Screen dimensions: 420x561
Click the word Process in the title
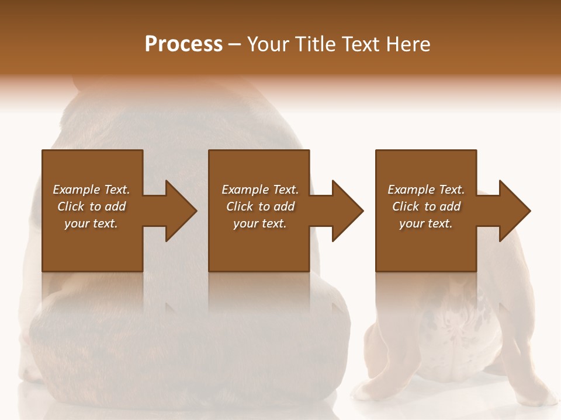pyautogui.click(x=183, y=44)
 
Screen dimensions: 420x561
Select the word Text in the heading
pyautogui.click(x=359, y=44)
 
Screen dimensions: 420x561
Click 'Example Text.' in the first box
pyautogui.click(x=91, y=190)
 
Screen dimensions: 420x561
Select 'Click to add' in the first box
pyautogui.click(x=91, y=206)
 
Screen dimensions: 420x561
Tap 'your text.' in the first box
pyautogui.click(x=91, y=223)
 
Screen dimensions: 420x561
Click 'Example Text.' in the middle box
pyautogui.click(x=259, y=190)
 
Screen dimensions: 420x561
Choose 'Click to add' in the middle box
pyautogui.click(x=259, y=206)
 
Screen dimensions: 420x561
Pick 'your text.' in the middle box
pyautogui.click(x=259, y=223)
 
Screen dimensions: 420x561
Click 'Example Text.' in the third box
pyautogui.click(x=426, y=190)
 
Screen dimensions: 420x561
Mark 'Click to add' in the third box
pyautogui.click(x=426, y=206)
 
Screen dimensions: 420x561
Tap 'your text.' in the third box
pyautogui.click(x=426, y=223)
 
